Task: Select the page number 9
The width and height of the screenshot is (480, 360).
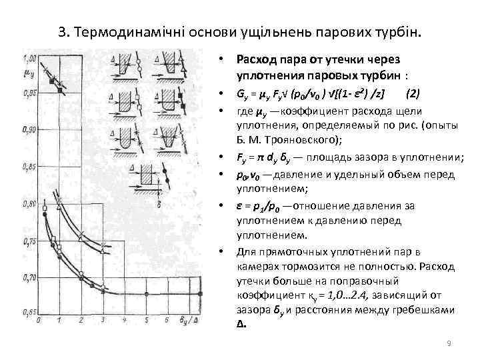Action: point(449,343)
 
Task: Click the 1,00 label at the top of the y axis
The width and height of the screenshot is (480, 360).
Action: point(30,56)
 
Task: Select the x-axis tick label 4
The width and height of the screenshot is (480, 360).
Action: point(124,321)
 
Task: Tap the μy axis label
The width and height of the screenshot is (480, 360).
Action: point(29,67)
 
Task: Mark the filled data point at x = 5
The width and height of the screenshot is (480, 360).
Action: point(145,294)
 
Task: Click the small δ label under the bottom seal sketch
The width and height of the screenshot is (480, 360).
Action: point(161,188)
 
